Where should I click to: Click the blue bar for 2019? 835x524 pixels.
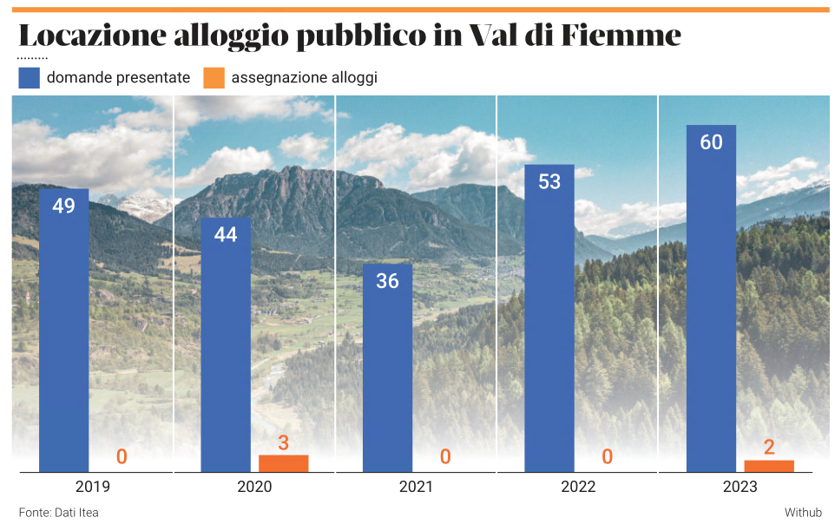tap(63, 330)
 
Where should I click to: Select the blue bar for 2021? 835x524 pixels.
tap(387, 369)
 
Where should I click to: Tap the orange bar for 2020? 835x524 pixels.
tap(283, 463)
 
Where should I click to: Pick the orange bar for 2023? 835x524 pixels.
tap(769, 466)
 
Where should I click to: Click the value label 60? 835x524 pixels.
tap(711, 142)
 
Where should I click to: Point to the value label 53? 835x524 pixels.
tap(549, 182)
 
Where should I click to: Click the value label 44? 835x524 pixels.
tap(226, 235)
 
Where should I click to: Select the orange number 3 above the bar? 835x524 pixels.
tap(283, 443)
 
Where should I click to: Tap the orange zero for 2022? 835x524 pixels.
tap(607, 457)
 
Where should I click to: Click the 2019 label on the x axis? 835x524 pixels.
tap(93, 487)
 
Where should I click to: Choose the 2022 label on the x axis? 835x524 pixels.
tap(578, 487)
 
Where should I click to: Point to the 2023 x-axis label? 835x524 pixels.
tap(740, 487)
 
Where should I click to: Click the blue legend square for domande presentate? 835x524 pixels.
tap(29, 78)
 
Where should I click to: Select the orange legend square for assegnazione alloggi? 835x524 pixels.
tap(214, 78)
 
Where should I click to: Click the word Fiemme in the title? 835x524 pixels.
tap(621, 36)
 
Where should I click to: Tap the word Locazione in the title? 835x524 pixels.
tap(92, 36)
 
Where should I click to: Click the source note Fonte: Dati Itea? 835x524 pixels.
tap(58, 513)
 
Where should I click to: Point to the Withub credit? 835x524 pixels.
tap(803, 513)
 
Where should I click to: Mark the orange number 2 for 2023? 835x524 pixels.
tap(769, 448)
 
